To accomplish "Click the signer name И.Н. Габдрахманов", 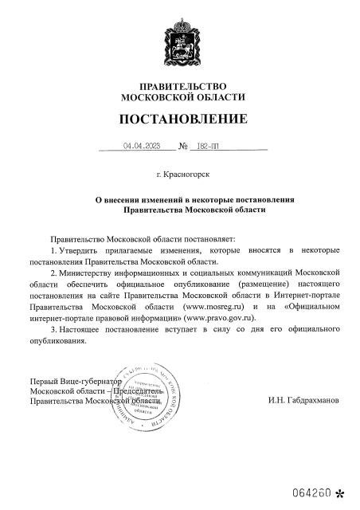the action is (303, 402).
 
